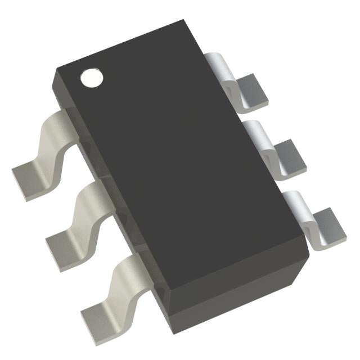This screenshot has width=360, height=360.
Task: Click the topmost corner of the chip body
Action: click(184, 21)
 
